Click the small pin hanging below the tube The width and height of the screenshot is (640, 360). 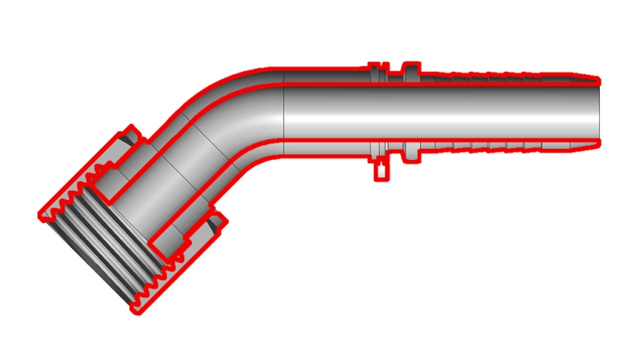click(x=382, y=170)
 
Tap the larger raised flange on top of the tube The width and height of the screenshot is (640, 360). click(x=410, y=70)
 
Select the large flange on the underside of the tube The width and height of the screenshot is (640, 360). click(x=410, y=152)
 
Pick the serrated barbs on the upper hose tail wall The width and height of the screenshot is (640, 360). click(x=496, y=78)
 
